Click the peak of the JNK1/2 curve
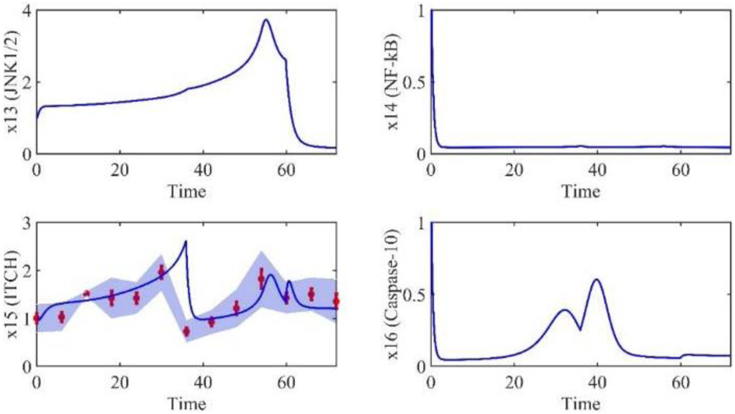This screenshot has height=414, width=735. point(266,20)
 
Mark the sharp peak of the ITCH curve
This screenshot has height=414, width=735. point(186,242)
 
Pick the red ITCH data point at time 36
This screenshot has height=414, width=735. point(186,331)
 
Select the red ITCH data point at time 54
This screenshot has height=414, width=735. point(261,279)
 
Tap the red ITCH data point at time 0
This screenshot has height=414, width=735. point(36,319)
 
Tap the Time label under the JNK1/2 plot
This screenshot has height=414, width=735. point(186,191)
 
